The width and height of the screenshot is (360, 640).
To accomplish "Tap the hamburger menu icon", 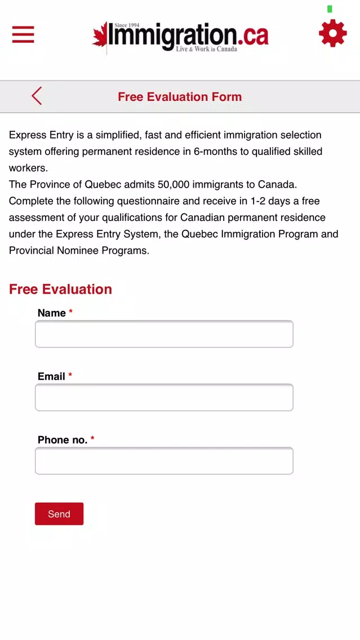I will point(23,34).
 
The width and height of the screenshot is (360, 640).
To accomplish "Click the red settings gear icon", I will point(332,33).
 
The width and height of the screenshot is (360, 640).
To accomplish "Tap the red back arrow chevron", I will point(37,96).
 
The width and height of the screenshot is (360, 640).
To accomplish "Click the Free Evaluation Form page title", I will point(180,97).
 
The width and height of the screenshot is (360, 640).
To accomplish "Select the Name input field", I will point(164,334).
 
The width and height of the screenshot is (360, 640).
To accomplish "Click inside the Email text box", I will point(164,398).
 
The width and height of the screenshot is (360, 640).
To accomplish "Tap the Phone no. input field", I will point(164,461).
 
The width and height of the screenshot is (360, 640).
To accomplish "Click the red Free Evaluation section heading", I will point(60,289).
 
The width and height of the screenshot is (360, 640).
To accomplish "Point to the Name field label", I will point(52,313).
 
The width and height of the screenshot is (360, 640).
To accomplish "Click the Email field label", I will point(52,376).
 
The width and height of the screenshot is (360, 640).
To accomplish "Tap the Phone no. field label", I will point(63,440).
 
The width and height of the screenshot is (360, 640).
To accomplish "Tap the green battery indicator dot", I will point(330,9).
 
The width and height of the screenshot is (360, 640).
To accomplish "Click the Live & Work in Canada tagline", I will point(206,49).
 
